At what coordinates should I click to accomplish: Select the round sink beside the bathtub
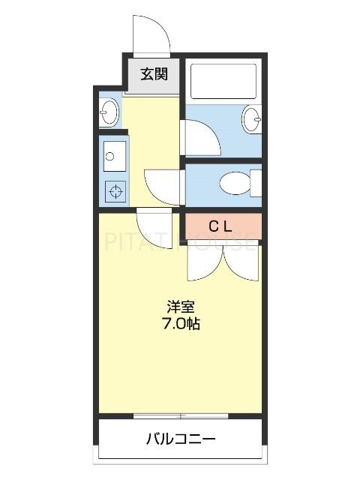(x=251, y=118)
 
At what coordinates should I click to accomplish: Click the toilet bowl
(x=234, y=182)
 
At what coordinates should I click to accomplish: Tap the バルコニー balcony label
(x=181, y=439)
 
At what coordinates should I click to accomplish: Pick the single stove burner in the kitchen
(x=115, y=191)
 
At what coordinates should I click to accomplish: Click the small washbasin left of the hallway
(x=109, y=113)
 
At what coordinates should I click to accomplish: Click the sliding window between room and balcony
(x=180, y=415)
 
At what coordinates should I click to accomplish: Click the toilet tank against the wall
(x=255, y=182)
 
